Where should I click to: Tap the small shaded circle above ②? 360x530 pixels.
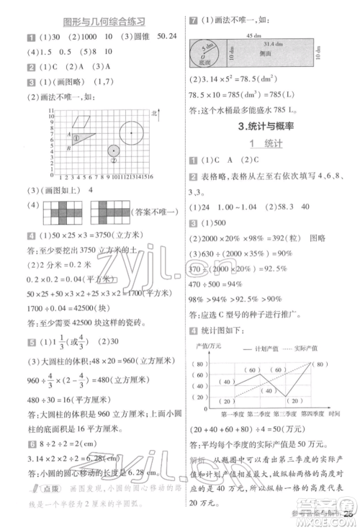tap(114, 151)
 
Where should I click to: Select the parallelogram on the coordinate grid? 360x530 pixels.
tap(85, 120)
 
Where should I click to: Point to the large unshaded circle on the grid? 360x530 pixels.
tap(130, 132)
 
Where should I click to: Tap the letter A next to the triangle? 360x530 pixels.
tap(68, 135)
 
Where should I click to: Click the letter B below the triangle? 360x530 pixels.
tap(68, 148)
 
